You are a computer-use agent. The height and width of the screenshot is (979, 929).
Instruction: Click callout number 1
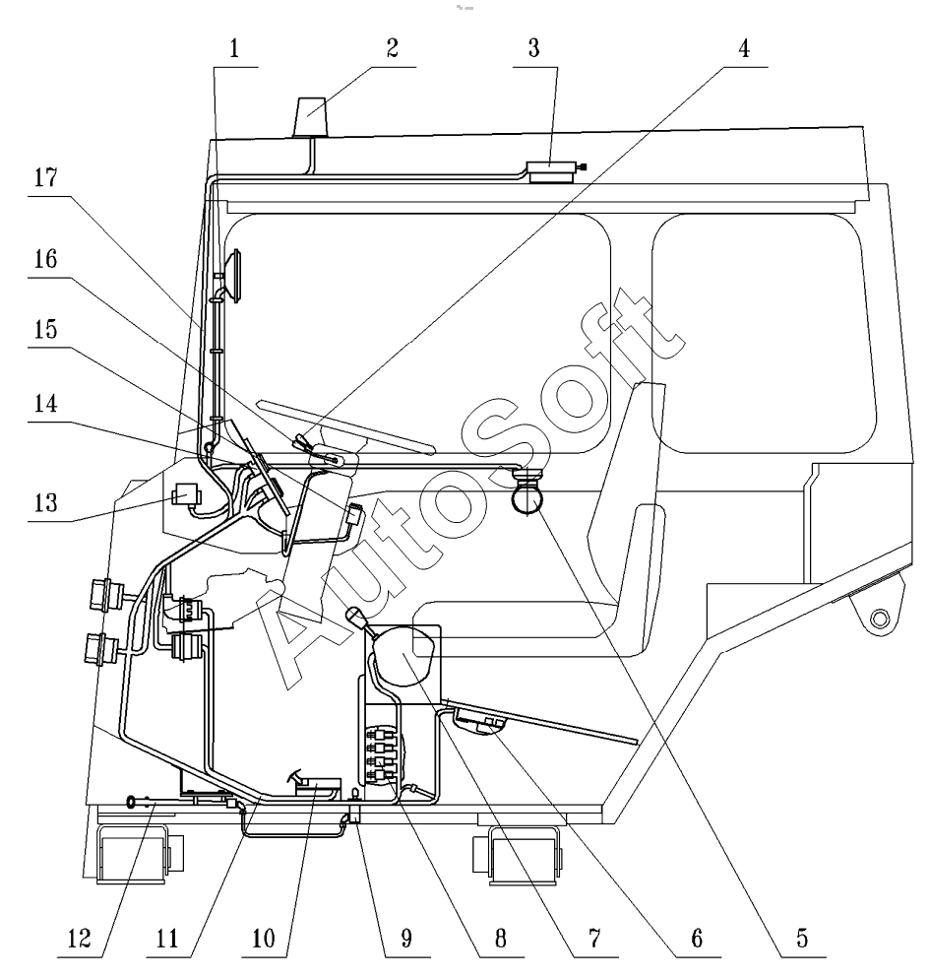(234, 48)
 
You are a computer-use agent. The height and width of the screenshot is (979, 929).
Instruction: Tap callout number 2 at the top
(392, 48)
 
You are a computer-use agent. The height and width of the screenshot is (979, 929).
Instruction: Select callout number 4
(744, 48)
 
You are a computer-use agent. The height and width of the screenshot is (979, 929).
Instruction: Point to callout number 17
(45, 178)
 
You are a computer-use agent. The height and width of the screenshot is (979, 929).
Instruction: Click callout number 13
(45, 502)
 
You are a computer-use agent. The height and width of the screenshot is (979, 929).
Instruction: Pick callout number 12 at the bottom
(80, 939)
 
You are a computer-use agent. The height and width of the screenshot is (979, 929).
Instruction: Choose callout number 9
(406, 939)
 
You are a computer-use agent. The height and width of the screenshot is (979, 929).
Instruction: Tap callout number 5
(802, 939)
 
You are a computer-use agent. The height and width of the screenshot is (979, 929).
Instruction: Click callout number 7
(594, 939)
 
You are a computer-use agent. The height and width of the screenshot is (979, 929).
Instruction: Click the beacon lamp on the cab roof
(310, 116)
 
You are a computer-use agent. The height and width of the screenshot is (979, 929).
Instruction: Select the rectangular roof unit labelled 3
(551, 171)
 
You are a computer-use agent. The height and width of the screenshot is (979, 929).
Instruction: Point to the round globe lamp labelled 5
(527, 499)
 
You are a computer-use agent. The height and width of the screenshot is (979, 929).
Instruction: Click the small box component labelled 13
(185, 495)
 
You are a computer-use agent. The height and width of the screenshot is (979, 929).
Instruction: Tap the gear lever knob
(354, 617)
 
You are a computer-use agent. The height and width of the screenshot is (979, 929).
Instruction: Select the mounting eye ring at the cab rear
(879, 619)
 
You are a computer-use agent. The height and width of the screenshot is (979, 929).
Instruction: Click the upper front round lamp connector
(103, 595)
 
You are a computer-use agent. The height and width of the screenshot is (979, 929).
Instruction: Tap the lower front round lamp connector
(101, 649)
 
